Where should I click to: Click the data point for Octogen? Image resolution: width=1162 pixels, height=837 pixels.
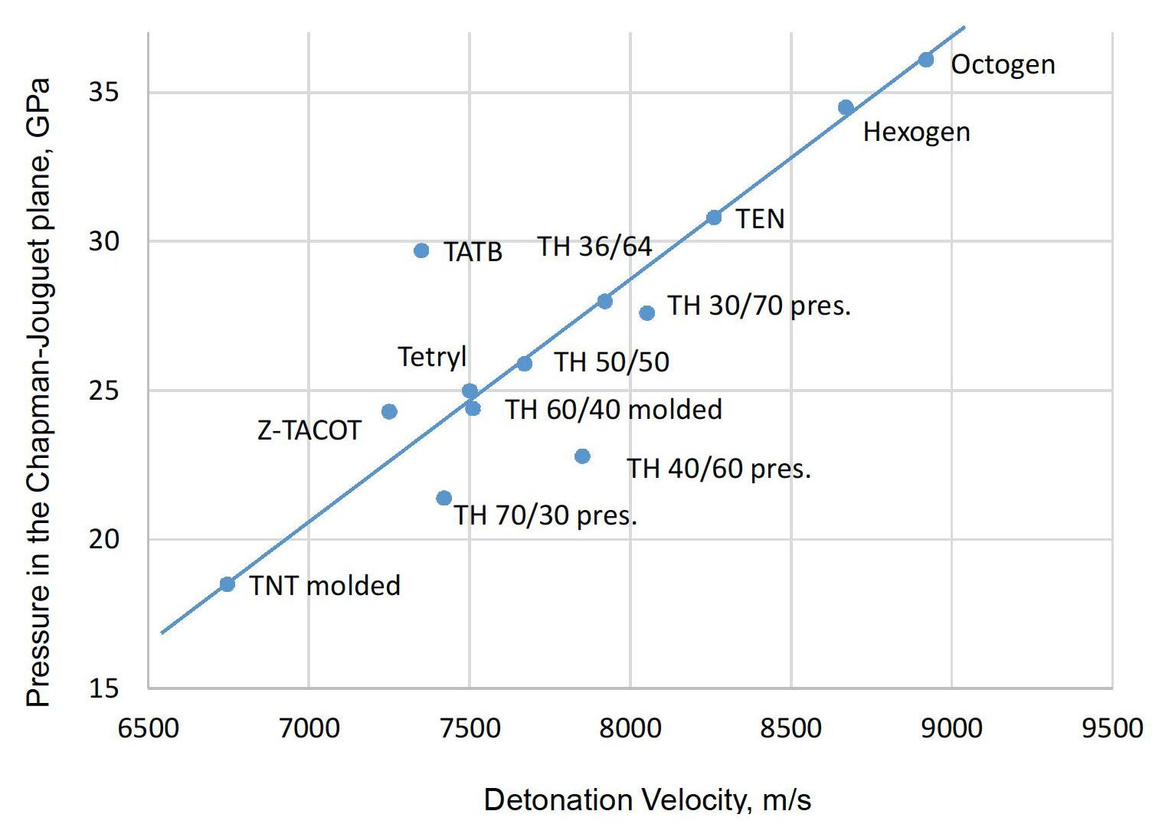coord(926,60)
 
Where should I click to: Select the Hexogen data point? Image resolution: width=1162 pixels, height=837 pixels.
coord(846,107)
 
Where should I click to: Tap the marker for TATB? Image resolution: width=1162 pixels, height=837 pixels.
coord(421,250)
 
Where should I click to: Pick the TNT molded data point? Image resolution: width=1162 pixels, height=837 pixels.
coord(227,584)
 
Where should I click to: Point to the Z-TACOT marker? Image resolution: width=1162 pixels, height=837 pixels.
coord(389,412)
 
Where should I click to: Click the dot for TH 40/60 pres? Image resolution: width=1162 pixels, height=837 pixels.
coord(582,456)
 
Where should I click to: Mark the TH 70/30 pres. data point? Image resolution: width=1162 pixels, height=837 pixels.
coord(444,499)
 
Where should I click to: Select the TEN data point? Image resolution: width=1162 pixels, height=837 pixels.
coord(714,217)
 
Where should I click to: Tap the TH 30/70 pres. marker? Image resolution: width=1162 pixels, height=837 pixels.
coord(646,312)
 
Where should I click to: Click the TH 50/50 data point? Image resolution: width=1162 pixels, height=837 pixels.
coord(525,364)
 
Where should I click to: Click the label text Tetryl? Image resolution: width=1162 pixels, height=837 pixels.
coord(432,357)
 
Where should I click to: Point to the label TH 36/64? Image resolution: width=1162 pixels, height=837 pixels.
coord(594,247)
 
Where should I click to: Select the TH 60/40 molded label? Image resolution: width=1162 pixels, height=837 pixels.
coord(614,410)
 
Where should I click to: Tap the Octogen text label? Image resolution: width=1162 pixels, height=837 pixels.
coord(1003,65)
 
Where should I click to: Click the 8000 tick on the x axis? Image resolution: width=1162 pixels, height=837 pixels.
coord(630,727)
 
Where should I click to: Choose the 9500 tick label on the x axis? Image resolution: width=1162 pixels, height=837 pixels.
coord(1112,727)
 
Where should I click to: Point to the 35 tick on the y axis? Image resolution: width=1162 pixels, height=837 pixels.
coord(104,93)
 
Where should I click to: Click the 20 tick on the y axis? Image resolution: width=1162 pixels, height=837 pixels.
coord(104,539)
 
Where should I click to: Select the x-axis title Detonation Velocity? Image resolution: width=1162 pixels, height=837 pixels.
coord(647,799)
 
